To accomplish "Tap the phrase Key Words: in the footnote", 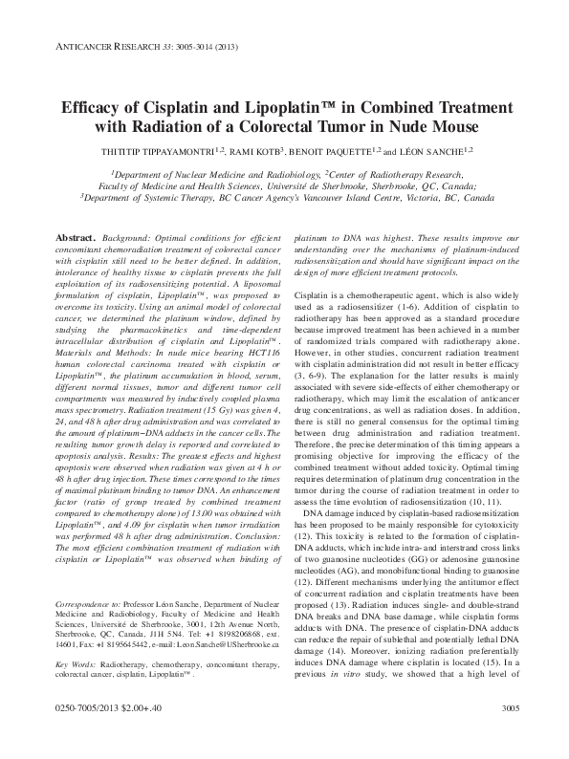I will (x=77, y=662).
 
